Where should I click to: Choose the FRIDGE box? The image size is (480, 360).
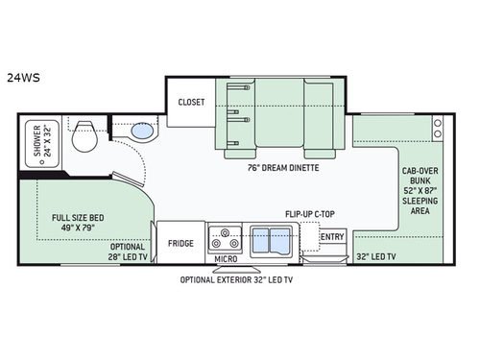pyautogui.click(x=180, y=243)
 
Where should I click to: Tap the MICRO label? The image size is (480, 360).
pyautogui.click(x=227, y=259)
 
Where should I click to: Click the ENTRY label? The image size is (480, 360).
pyautogui.click(x=332, y=237)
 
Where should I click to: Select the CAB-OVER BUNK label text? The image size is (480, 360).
pyautogui.click(x=419, y=189)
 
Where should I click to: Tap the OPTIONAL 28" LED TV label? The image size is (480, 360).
pyautogui.click(x=128, y=252)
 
